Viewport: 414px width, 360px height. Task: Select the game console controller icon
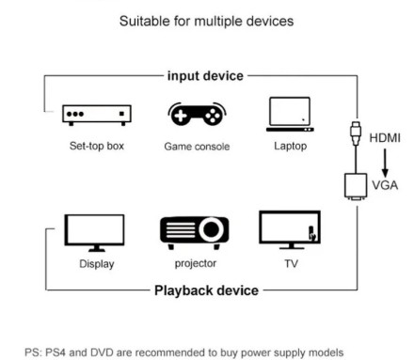(196, 115)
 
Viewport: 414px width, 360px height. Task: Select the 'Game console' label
(196, 147)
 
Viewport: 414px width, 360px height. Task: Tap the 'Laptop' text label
(290, 147)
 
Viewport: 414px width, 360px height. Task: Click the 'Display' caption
(96, 264)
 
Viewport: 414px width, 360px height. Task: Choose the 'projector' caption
(195, 264)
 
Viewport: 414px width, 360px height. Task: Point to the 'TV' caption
(291, 264)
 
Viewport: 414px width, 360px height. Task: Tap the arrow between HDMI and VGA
(384, 162)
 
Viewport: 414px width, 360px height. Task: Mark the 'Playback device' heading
(206, 290)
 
